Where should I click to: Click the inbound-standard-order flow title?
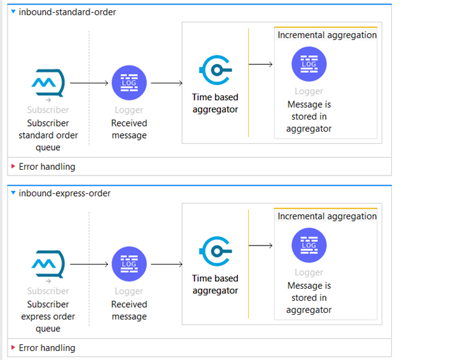coord(67,12)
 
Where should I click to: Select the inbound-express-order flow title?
coord(64,193)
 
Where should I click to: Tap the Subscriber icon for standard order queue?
coord(48,83)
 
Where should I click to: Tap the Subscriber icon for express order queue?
coord(48,264)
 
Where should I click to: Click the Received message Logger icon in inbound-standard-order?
coord(129,83)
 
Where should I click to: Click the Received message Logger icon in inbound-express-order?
coord(129,264)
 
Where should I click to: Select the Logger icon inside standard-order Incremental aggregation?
coord(309,64)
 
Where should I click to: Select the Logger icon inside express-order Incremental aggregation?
coord(309,245)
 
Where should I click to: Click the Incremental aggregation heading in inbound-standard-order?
coord(327,36)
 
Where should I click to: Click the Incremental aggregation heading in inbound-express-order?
coord(327,216)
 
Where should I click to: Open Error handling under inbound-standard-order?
coord(47,167)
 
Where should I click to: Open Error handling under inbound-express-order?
coord(47,348)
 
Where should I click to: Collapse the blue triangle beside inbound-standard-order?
coord(13,11)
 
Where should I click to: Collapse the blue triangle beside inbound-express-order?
coord(13,193)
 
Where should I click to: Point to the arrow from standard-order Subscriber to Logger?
coord(89,83)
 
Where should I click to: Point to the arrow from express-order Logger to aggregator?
coord(167,264)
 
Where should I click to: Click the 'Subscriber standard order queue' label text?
coord(48,135)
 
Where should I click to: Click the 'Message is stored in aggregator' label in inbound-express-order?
coord(309,298)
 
